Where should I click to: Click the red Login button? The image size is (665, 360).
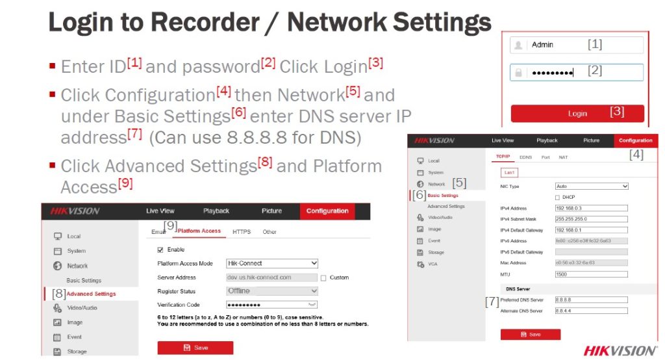pos(577,114)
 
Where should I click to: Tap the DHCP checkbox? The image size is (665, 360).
pos(557,198)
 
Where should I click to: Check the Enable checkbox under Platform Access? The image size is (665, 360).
pos(161,250)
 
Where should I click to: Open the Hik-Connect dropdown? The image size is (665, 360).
pos(272,263)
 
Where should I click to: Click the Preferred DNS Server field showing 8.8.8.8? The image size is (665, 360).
pos(592,300)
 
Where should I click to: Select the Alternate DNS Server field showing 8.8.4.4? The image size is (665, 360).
pos(592,311)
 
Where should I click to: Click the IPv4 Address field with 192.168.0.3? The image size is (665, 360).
pos(592,209)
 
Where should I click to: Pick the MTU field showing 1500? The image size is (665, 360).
pos(592,274)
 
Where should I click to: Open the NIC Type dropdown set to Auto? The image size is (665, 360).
pos(592,186)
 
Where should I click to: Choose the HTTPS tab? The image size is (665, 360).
pos(242,231)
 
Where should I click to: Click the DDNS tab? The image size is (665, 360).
pos(526,157)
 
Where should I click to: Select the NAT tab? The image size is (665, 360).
pos(563,157)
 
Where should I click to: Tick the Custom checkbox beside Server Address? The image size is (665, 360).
pos(323,277)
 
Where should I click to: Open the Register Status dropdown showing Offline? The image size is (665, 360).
pos(272,291)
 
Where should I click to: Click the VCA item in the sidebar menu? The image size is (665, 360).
pos(433,264)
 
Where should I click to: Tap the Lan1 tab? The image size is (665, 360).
pos(508,172)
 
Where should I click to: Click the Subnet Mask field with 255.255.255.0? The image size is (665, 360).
pos(592,220)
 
